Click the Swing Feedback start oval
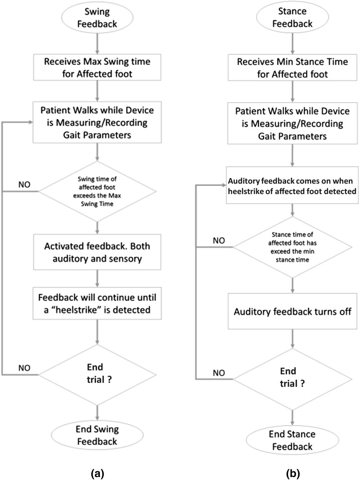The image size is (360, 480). click(x=97, y=17)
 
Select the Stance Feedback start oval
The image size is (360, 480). click(x=292, y=17)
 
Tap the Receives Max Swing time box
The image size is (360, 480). click(x=97, y=67)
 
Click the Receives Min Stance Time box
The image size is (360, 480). click(x=292, y=68)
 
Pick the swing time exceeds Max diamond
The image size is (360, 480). click(x=97, y=191)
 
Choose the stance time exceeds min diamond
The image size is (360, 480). click(x=292, y=247)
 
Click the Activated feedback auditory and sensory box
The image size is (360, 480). click(x=97, y=252)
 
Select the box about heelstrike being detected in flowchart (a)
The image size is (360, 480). click(x=97, y=303)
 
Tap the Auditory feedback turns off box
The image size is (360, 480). click(x=292, y=311)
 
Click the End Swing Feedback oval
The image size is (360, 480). click(x=97, y=435)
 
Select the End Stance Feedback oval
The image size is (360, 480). click(x=292, y=440)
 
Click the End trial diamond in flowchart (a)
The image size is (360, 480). click(x=97, y=374)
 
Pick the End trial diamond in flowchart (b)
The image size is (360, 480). click(x=292, y=379)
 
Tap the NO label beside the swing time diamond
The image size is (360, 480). click(x=24, y=185)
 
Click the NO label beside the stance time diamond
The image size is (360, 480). click(x=219, y=240)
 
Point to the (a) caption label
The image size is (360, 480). click(x=97, y=474)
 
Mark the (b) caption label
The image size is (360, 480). click(x=293, y=474)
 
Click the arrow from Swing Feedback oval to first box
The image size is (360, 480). click(x=97, y=44)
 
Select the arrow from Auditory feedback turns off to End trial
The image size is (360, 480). click(x=293, y=339)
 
